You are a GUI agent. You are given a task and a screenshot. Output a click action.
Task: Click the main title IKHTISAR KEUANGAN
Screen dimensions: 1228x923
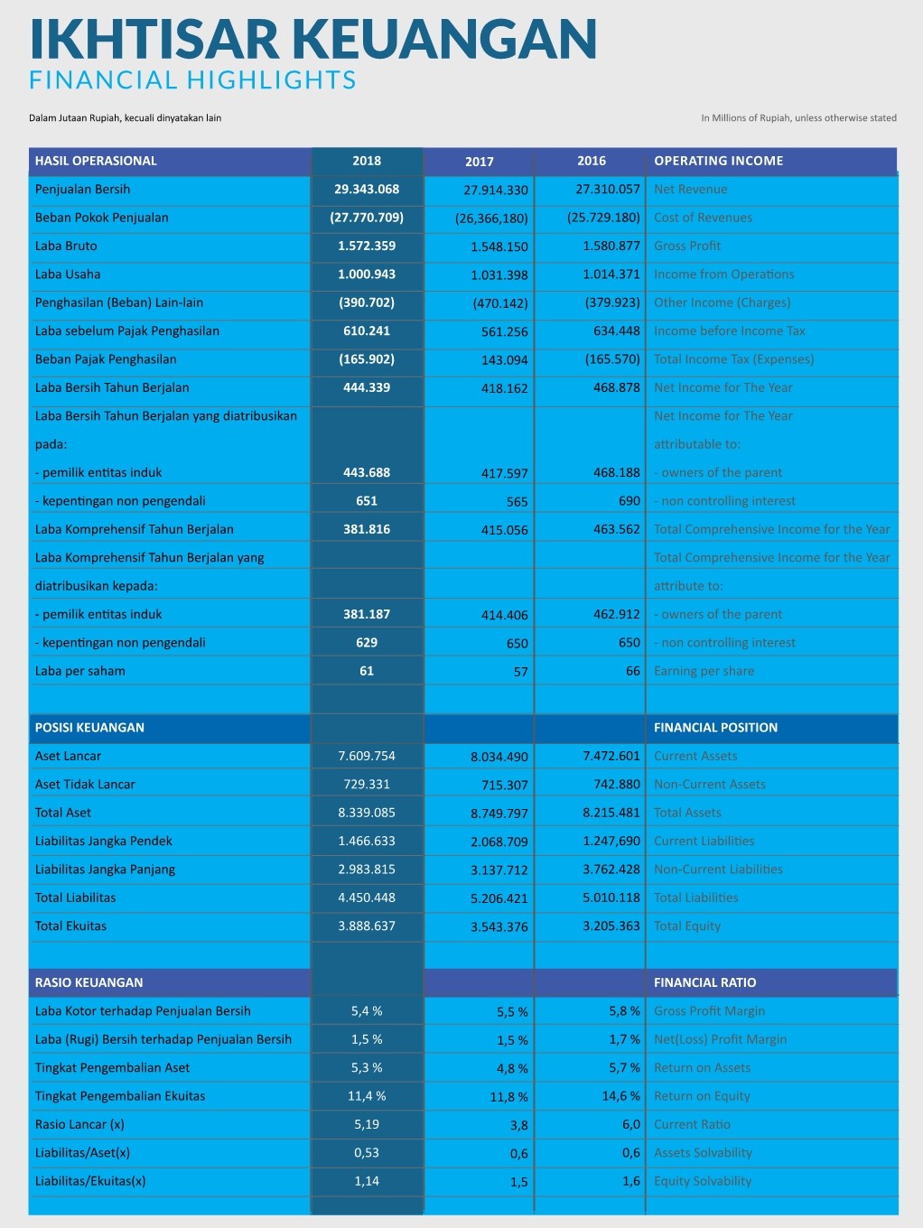click(x=312, y=39)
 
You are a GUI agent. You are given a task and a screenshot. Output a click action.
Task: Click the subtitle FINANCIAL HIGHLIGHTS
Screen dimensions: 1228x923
click(x=192, y=80)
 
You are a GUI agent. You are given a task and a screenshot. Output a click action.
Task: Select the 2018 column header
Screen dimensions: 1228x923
click(x=367, y=161)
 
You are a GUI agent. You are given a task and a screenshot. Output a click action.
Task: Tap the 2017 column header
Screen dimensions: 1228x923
click(x=480, y=162)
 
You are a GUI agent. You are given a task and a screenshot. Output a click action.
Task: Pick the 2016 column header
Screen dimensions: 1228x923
click(x=592, y=161)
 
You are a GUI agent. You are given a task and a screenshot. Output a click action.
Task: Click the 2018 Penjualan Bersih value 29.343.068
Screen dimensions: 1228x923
click(x=367, y=189)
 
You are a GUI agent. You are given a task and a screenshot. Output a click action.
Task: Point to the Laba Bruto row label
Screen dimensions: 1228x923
click(x=66, y=246)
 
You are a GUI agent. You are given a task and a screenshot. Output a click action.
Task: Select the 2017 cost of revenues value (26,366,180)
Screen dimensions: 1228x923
click(x=491, y=219)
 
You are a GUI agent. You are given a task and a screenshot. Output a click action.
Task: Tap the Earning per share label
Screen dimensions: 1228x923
click(x=704, y=671)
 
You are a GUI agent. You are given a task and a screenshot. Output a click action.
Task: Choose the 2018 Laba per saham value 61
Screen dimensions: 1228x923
click(x=367, y=671)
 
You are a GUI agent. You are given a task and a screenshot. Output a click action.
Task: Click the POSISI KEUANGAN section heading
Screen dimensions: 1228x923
click(x=89, y=728)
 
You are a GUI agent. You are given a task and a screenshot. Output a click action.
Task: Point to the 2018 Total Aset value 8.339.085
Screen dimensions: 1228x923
click(x=367, y=813)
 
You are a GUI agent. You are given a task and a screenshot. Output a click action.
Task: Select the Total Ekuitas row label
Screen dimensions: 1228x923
click(x=70, y=926)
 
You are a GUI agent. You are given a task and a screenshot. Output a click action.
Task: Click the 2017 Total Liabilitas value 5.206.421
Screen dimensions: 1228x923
click(x=499, y=898)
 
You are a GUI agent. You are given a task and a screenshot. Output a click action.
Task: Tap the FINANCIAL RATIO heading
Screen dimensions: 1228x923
click(x=705, y=982)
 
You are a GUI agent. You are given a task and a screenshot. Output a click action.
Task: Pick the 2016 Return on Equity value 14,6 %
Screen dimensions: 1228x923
click(x=621, y=1096)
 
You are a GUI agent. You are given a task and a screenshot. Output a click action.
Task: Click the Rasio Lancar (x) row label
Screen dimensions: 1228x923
click(x=79, y=1124)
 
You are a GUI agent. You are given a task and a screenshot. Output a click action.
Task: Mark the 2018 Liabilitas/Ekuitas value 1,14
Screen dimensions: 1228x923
click(x=367, y=1181)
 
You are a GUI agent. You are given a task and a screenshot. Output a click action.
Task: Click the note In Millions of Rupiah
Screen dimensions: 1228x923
click(x=798, y=117)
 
